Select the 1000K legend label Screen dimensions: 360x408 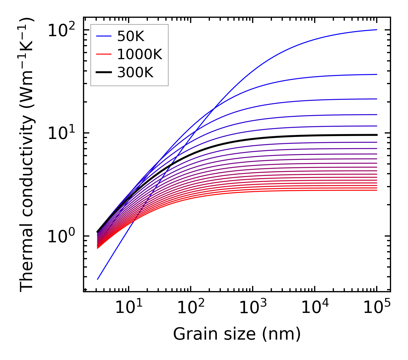click(140, 54)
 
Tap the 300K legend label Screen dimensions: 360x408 click(135, 73)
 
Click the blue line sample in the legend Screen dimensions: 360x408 click(104, 36)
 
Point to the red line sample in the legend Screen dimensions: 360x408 click(104, 54)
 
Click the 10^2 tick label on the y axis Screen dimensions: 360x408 click(61, 30)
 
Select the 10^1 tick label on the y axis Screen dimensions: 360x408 click(61, 133)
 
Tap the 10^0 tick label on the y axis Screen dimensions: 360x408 click(61, 236)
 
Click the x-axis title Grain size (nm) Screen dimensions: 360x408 click(237, 334)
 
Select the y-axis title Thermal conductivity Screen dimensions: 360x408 click(27, 154)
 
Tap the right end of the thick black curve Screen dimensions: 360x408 click(376, 135)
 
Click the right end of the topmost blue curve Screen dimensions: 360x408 click(376, 30)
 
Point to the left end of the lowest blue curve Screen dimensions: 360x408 click(98, 279)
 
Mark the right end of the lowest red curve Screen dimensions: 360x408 click(376, 190)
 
